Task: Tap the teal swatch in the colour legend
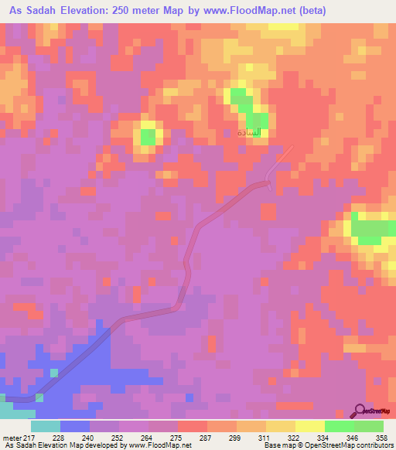(46, 426)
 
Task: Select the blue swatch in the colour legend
(75, 426)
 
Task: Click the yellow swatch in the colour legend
(281, 426)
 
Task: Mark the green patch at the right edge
(371, 229)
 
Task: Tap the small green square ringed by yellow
(147, 137)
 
